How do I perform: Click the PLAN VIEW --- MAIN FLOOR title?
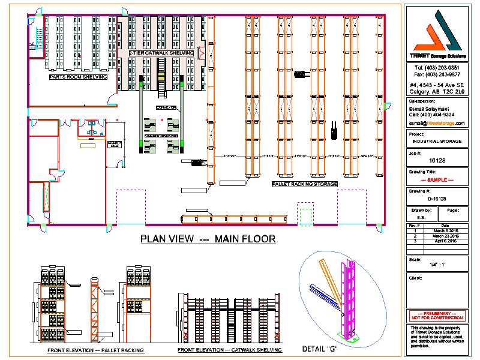coord(208,239)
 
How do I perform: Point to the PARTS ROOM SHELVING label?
coord(78,77)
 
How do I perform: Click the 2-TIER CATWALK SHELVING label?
coord(161,53)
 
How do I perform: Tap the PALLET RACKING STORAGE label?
coord(305,184)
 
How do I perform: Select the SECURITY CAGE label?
coord(114,145)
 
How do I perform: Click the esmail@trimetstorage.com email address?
coord(436,122)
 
